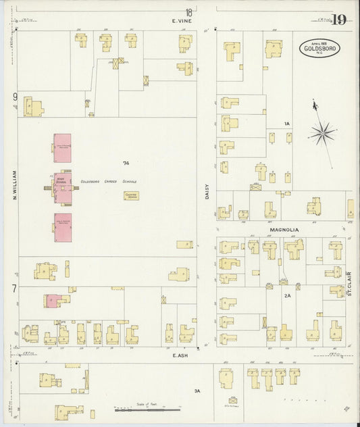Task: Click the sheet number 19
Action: click(338, 20)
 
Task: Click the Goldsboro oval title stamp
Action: click(320, 48)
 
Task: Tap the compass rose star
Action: click(322, 132)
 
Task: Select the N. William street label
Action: click(13, 187)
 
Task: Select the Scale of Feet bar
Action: click(147, 409)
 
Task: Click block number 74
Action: click(126, 164)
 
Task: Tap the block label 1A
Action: click(286, 124)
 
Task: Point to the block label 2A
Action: click(286, 295)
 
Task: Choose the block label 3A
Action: click(197, 391)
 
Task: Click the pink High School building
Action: click(62, 186)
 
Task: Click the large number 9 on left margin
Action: click(14, 97)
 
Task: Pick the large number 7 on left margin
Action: click(14, 289)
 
